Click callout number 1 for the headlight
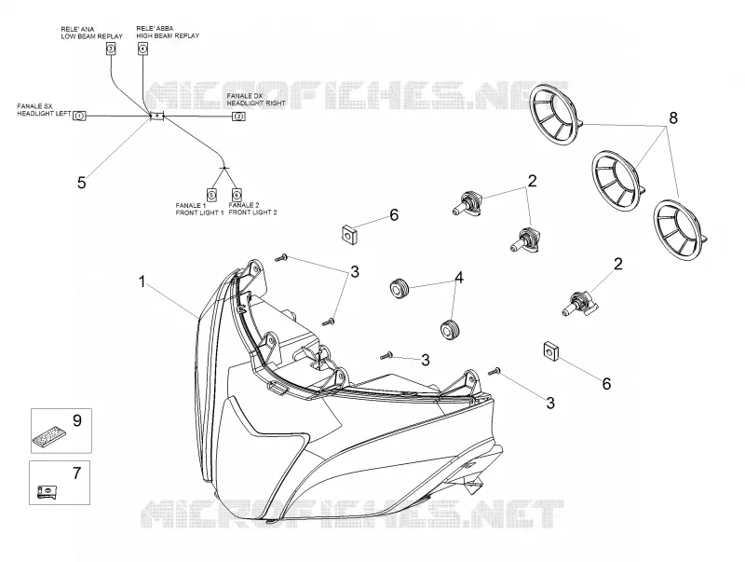(142, 282)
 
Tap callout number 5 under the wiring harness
(82, 183)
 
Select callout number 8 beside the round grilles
(672, 117)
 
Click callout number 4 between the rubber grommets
(458, 277)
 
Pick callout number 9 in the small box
(77, 420)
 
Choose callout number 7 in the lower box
(76, 473)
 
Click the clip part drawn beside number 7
(47, 492)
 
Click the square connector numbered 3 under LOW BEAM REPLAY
(111, 48)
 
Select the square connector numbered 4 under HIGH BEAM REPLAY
(143, 48)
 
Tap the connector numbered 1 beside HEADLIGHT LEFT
(79, 116)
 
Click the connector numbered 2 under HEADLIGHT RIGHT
(238, 117)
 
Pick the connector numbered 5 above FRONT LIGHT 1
(211, 195)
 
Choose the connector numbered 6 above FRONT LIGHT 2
(237, 195)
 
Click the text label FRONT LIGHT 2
(252, 212)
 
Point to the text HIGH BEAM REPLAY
(168, 35)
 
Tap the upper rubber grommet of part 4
(400, 289)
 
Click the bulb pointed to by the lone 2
(578, 305)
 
